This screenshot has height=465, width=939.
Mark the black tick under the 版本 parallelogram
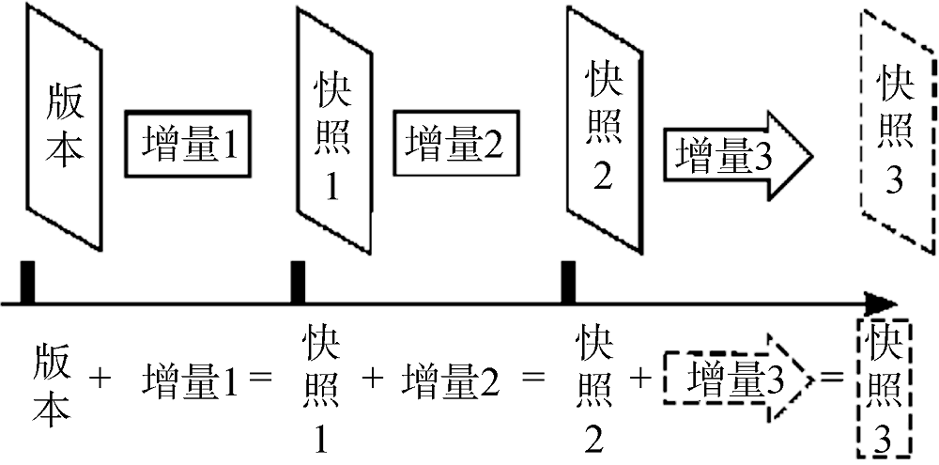coord(28,283)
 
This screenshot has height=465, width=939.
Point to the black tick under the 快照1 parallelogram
coord(298,283)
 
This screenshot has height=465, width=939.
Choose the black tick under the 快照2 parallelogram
coord(567,283)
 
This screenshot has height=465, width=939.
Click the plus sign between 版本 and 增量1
coord(100,379)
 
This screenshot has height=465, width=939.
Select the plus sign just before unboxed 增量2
coord(373,379)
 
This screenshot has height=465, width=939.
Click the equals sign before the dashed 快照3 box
coord(831,379)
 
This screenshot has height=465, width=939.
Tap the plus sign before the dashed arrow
coord(642,379)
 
